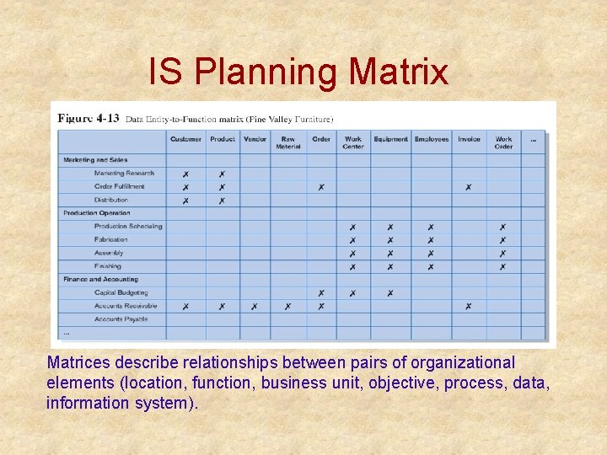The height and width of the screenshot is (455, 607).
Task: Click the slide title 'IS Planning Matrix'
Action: tap(298, 72)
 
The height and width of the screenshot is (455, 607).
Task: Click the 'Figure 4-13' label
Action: tap(89, 118)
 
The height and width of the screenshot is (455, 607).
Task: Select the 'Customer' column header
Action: tap(185, 139)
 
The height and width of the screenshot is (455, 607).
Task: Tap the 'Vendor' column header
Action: tap(254, 139)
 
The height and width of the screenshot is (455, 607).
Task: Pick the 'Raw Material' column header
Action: tap(287, 142)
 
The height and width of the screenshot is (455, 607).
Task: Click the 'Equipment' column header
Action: tap(390, 139)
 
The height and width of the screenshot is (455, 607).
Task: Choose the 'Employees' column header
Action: tap(431, 139)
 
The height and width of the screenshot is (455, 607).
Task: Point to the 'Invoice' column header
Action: tap(469, 139)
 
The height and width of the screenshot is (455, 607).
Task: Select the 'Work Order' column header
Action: tap(503, 142)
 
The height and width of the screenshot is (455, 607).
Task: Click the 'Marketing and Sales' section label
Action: tap(95, 159)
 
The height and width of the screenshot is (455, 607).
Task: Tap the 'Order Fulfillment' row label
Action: tap(119, 186)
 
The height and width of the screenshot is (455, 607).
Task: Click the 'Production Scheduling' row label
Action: tap(128, 226)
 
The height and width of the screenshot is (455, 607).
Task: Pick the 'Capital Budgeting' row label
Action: tap(121, 292)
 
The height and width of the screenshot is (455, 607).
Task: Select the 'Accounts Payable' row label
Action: tap(121, 319)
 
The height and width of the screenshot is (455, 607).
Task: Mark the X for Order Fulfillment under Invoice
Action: tap(468, 187)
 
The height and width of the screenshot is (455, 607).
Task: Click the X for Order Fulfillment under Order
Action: tap(320, 187)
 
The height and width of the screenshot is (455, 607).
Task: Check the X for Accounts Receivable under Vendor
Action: tap(254, 307)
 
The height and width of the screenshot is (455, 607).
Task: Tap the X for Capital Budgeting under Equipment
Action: tap(390, 293)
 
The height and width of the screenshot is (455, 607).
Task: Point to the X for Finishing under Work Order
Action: tap(502, 266)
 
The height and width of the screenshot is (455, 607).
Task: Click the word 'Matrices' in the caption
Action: tap(77, 363)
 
